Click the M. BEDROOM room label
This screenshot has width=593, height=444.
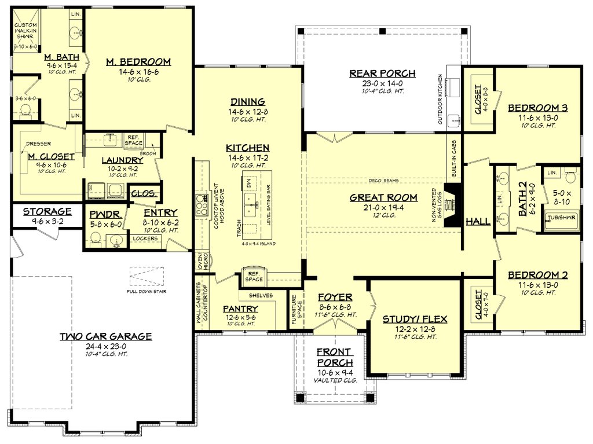coord(138,62)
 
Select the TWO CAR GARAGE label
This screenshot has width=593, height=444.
coord(106,336)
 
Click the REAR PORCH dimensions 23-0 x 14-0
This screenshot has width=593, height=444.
coord(382,83)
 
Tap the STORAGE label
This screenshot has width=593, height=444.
coord(47,211)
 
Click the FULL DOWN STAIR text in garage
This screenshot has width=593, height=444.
coord(147,291)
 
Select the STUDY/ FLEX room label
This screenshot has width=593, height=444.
coord(415,319)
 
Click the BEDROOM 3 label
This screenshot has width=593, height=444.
coord(537,108)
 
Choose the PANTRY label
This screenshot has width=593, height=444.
coord(240,309)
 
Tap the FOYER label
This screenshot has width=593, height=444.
coord(335,297)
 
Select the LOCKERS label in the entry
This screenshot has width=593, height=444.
coord(145,238)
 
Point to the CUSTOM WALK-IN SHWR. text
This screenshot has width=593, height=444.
coord(26,32)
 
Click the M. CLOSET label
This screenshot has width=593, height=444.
coord(51,156)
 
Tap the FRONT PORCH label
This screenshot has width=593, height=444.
coord(335,357)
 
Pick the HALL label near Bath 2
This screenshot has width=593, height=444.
coord(478,221)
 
